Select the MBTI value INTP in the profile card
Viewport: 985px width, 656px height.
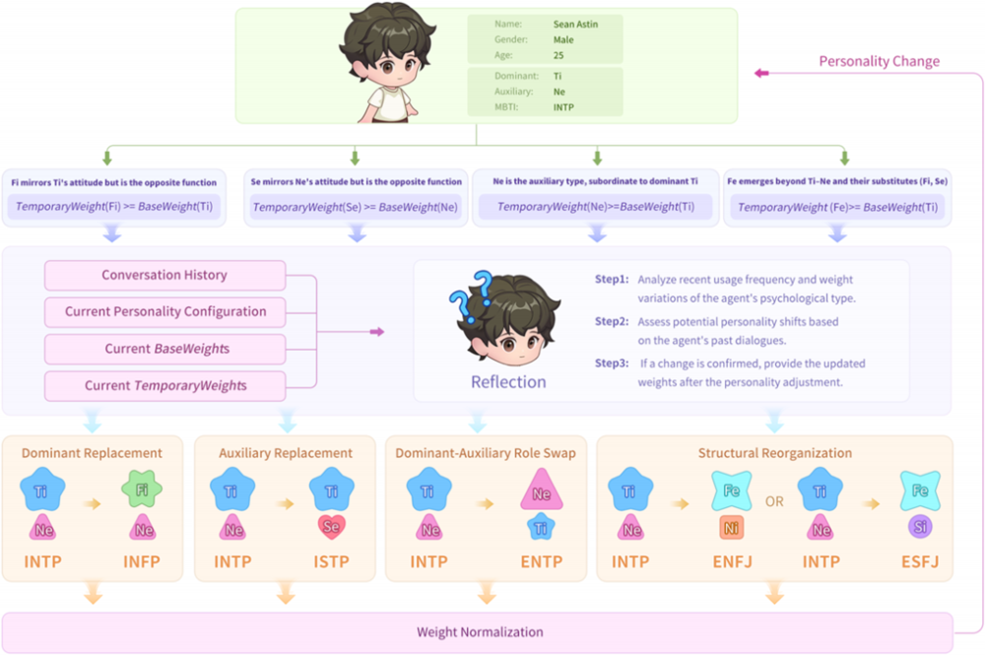565,107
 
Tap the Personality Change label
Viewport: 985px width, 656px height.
879,61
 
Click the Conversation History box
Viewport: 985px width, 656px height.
164,275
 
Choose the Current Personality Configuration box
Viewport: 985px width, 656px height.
164,311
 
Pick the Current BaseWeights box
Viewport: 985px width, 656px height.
164,349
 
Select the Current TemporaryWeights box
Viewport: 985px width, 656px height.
164,385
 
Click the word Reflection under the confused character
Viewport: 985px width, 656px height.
508,381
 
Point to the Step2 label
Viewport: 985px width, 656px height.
611,321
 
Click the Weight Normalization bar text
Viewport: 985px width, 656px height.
479,631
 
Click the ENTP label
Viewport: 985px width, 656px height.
542,562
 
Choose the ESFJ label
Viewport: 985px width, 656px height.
920,562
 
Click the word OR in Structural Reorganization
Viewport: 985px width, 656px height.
775,501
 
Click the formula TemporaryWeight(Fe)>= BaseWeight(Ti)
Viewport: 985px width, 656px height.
835,207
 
